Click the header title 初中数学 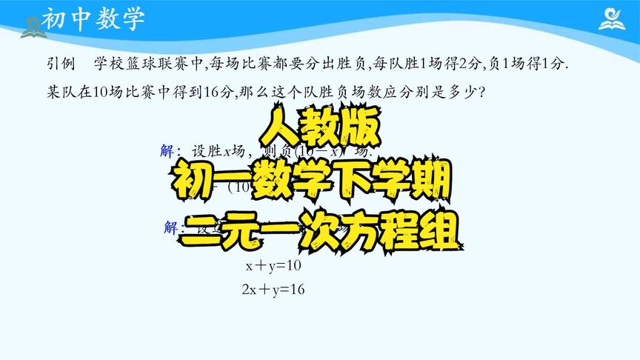tap(93, 19)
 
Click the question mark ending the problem tap(481, 94)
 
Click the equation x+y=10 tap(273, 265)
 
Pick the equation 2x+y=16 tap(273, 290)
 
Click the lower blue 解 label tap(173, 227)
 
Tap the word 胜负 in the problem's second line tap(346, 94)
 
